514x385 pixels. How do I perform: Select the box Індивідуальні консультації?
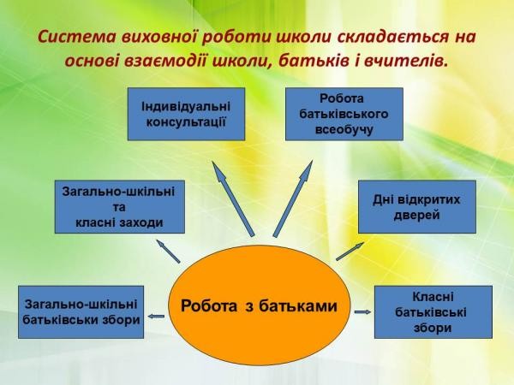[186, 114]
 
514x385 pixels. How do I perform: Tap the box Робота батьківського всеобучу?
[344, 114]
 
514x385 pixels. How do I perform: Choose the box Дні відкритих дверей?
[417, 206]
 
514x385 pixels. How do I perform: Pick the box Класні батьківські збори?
[433, 312]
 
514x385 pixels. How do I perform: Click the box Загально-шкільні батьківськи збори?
[81, 312]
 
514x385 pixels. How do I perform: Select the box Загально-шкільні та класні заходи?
[120, 206]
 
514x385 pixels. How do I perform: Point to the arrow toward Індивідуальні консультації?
[233, 198]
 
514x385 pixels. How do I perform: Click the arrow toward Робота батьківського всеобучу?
[293, 198]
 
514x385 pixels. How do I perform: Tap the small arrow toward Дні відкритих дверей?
[350, 252]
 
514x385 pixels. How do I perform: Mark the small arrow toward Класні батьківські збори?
[363, 312]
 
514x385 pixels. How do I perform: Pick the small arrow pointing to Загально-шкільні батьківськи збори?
[156, 317]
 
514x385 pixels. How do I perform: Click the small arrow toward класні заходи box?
[168, 251]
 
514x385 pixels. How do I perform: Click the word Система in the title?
[77, 37]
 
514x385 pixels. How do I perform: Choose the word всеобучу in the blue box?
[344, 130]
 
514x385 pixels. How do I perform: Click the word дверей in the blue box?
[416, 215]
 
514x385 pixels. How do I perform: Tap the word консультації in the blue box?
[186, 122]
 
